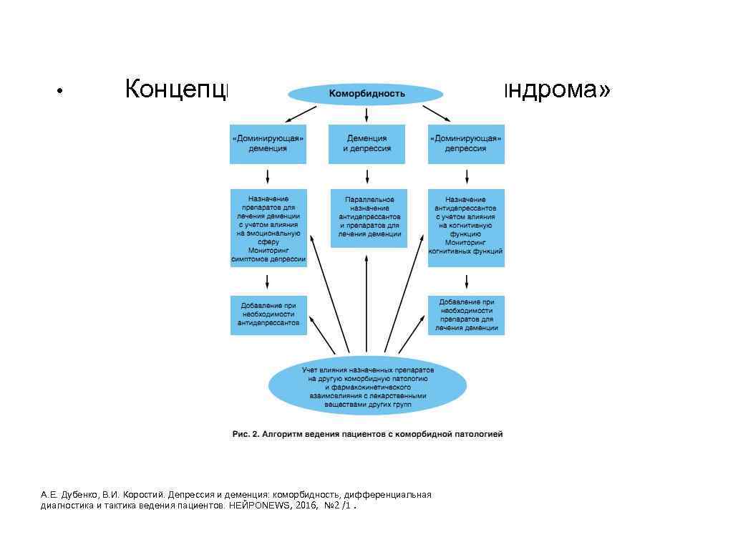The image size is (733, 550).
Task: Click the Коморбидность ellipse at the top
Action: pyautogui.click(x=366, y=94)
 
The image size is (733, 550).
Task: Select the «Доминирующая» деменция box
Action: pyautogui.click(x=268, y=144)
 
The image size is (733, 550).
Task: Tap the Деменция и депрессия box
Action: pyautogui.click(x=366, y=144)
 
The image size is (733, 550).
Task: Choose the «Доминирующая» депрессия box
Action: pyautogui.click(x=466, y=144)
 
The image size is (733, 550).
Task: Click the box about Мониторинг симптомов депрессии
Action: pyautogui.click(x=268, y=228)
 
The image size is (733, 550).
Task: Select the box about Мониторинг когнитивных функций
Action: pyautogui.click(x=466, y=228)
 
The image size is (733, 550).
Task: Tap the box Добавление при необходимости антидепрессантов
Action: pyautogui.click(x=268, y=314)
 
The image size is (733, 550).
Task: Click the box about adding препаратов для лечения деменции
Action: pyautogui.click(x=466, y=314)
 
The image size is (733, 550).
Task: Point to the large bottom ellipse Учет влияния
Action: pyautogui.click(x=367, y=385)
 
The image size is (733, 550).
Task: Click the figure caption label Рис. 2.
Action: pyautogui.click(x=240, y=434)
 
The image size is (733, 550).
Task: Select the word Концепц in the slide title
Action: pyautogui.click(x=176, y=91)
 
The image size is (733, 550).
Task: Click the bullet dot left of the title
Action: pyautogui.click(x=62, y=92)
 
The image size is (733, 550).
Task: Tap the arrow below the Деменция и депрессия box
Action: pyautogui.click(x=366, y=175)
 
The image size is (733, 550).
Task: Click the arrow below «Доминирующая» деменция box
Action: pyautogui.click(x=268, y=175)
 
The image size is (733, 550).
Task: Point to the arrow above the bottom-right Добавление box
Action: pyautogui.click(x=466, y=281)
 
